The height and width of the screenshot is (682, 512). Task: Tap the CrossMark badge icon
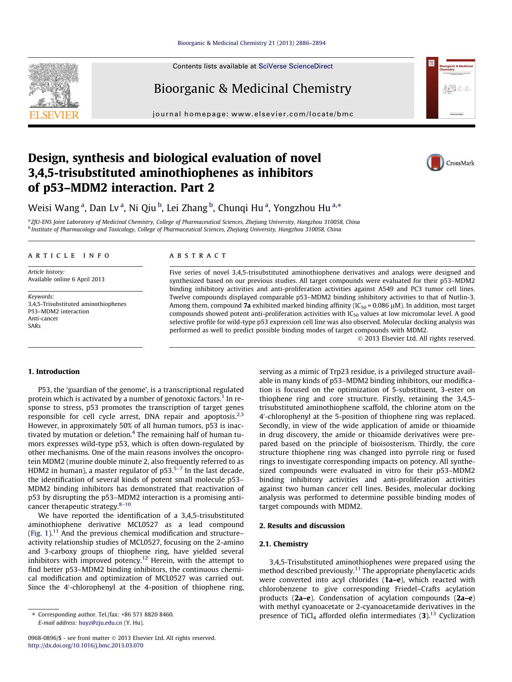(x=435, y=162)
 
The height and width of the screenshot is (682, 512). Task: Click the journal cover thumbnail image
(x=451, y=88)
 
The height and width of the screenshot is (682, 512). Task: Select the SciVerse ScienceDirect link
(x=295, y=66)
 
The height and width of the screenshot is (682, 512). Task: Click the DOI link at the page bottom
(x=85, y=645)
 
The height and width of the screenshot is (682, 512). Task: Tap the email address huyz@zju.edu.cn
(x=100, y=623)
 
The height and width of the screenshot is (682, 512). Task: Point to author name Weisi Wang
(x=54, y=208)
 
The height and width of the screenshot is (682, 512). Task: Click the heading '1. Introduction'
(x=54, y=372)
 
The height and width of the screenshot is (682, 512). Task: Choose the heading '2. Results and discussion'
(x=302, y=526)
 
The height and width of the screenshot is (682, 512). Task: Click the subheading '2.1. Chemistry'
(x=283, y=544)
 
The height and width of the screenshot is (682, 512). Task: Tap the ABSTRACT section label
(x=198, y=256)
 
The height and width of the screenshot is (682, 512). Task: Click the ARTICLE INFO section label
(x=69, y=256)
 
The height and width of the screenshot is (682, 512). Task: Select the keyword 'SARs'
(x=34, y=326)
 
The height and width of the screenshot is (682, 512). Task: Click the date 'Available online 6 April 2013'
(x=66, y=279)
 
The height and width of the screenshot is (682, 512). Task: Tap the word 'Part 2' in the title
(x=199, y=188)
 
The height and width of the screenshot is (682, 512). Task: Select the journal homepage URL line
(x=252, y=114)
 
